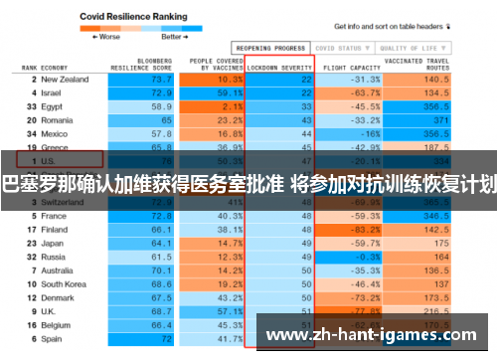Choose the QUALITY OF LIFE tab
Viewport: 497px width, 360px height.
tap(411, 47)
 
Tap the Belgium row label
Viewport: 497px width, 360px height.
tap(57, 323)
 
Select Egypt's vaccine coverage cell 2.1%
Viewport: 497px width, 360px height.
tap(231, 105)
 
